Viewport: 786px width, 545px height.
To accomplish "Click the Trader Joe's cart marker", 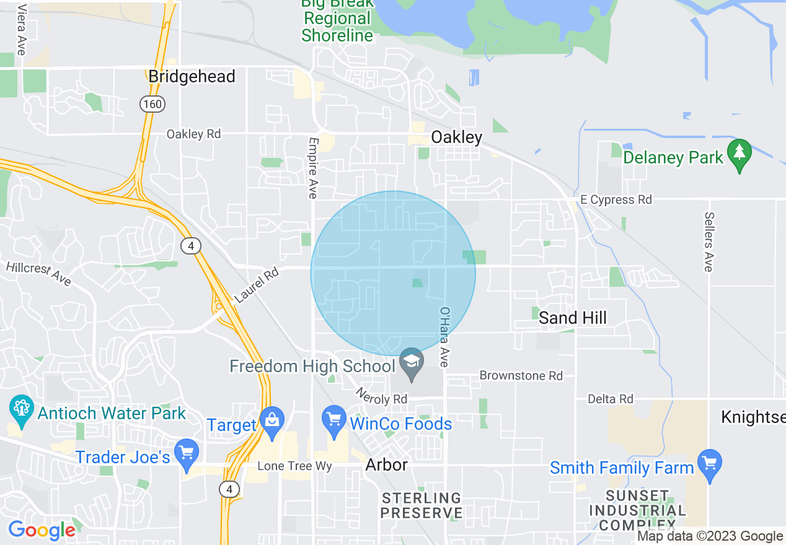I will coord(186,451).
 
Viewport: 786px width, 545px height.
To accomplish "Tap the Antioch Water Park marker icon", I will coord(20,408).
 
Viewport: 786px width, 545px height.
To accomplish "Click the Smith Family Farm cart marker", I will coord(709,462).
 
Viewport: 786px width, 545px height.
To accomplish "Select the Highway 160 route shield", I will coord(152,103).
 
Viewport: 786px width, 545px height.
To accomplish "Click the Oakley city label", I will coord(456,137).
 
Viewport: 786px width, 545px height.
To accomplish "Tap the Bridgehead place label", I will coord(192,77).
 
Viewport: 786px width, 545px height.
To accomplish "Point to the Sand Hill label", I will coord(573,318).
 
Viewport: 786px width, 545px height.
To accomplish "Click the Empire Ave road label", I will coord(312,168).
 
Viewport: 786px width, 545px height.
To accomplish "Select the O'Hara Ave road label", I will coord(444,337).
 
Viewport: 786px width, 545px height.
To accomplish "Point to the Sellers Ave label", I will coord(709,242).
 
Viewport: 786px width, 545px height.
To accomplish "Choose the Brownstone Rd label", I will coord(521,376).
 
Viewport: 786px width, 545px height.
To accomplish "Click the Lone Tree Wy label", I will coord(294,466).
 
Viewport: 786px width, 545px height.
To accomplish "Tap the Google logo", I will coord(42,530).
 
